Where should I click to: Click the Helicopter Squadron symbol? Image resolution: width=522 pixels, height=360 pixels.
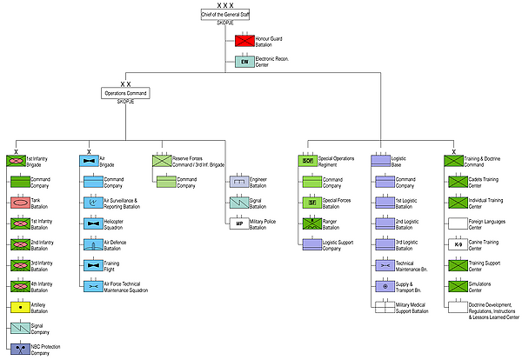click(95, 223)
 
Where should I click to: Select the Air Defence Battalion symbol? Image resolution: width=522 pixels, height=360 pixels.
click(95, 243)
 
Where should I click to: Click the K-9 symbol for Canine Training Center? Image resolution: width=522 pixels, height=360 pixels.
click(458, 244)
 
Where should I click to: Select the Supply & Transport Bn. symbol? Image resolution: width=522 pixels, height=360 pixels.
click(385, 285)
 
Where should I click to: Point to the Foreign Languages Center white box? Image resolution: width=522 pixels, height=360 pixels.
click(458, 223)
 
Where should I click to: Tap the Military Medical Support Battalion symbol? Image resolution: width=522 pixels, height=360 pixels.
click(385, 306)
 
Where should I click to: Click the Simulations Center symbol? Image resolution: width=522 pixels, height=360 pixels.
click(458, 285)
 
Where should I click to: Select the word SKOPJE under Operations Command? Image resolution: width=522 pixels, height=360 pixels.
click(125, 103)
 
